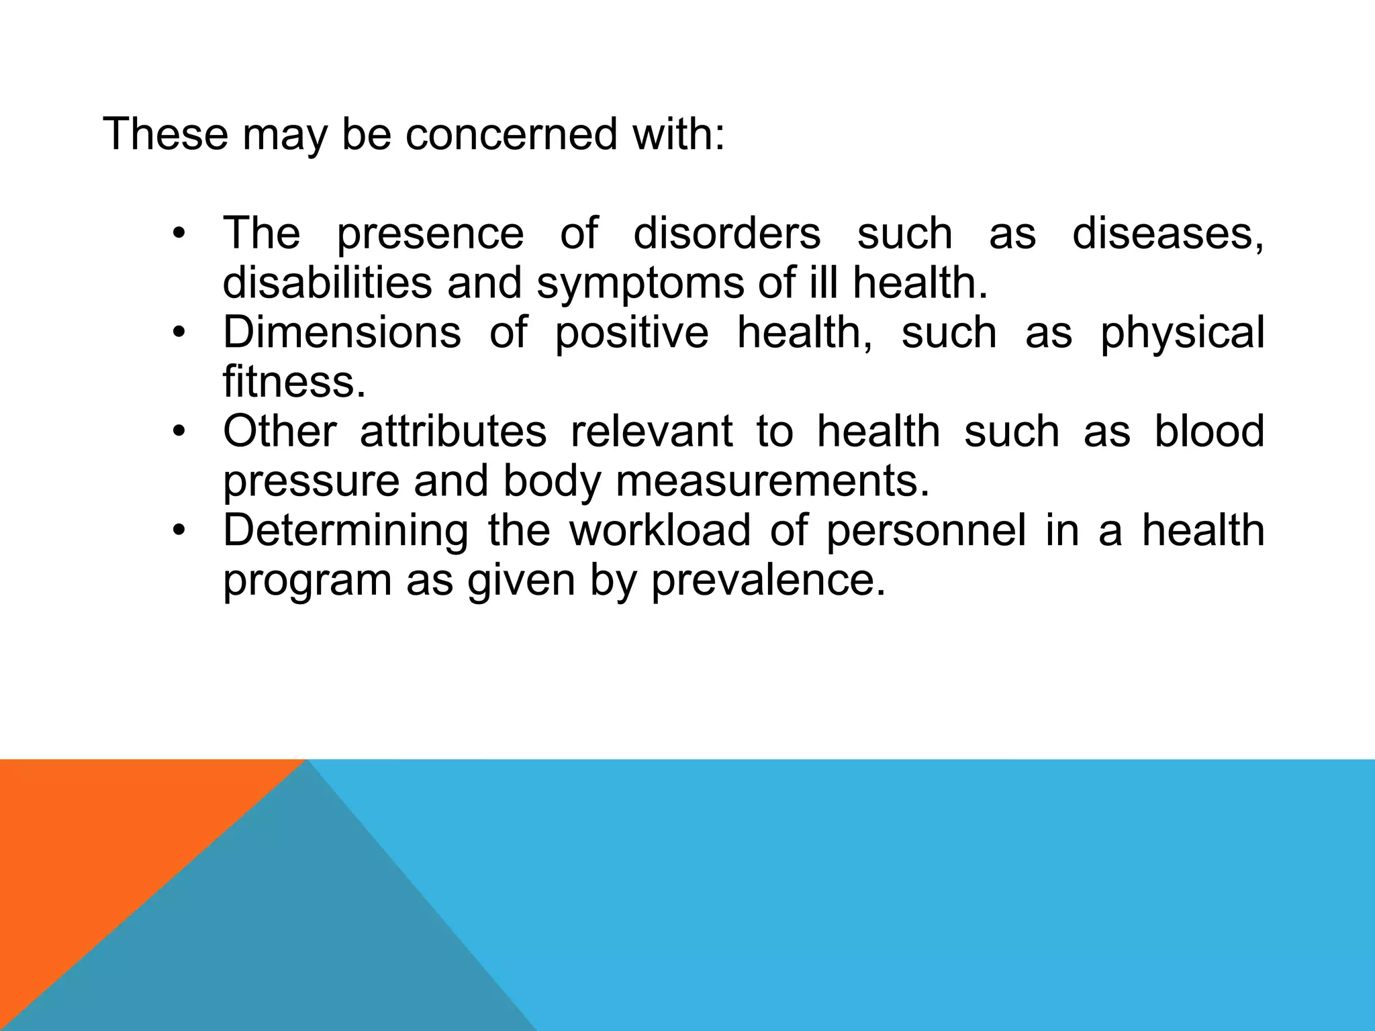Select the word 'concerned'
point(511,134)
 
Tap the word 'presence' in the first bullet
point(430,234)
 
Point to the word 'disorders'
point(726,233)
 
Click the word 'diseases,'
point(1168,234)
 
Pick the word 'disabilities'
point(327,283)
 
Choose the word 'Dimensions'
point(342,332)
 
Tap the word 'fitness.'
point(294,382)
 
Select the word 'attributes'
point(453,431)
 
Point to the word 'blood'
point(1209,431)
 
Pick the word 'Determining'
point(346,531)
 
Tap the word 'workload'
point(660,530)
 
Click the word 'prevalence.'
point(768,580)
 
